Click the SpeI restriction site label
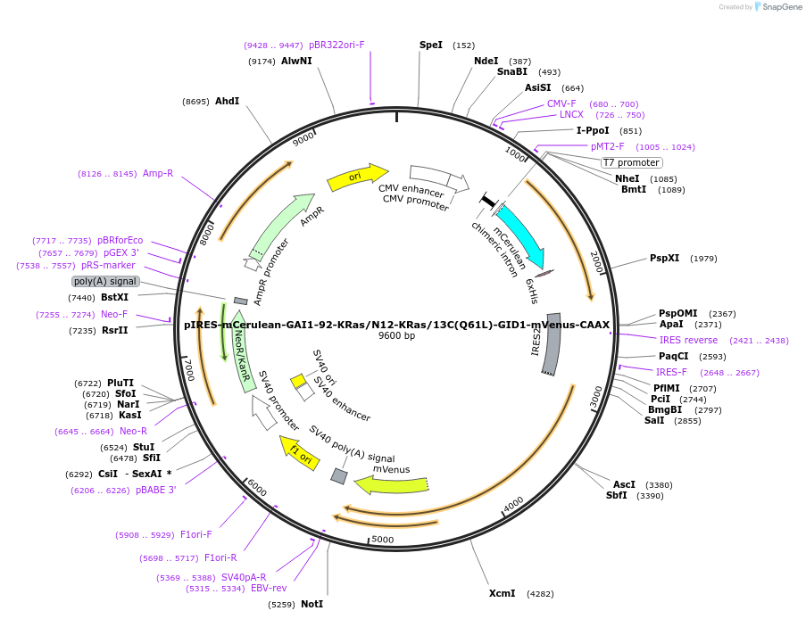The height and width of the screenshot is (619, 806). click(431, 45)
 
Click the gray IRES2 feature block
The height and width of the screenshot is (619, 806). click(552, 344)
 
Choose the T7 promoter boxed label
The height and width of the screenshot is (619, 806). click(631, 162)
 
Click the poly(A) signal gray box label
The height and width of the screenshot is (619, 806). click(105, 281)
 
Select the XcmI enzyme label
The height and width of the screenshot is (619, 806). click(502, 593)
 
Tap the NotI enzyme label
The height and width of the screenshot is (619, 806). click(312, 604)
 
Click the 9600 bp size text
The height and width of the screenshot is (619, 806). click(396, 336)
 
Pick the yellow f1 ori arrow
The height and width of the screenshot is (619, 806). click(299, 453)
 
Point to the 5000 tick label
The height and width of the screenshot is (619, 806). click(382, 539)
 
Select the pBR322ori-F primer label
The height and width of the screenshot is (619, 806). click(337, 45)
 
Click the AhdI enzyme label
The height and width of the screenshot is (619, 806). click(227, 101)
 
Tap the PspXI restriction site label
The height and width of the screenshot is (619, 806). click(664, 258)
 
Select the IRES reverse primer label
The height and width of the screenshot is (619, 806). click(688, 340)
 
